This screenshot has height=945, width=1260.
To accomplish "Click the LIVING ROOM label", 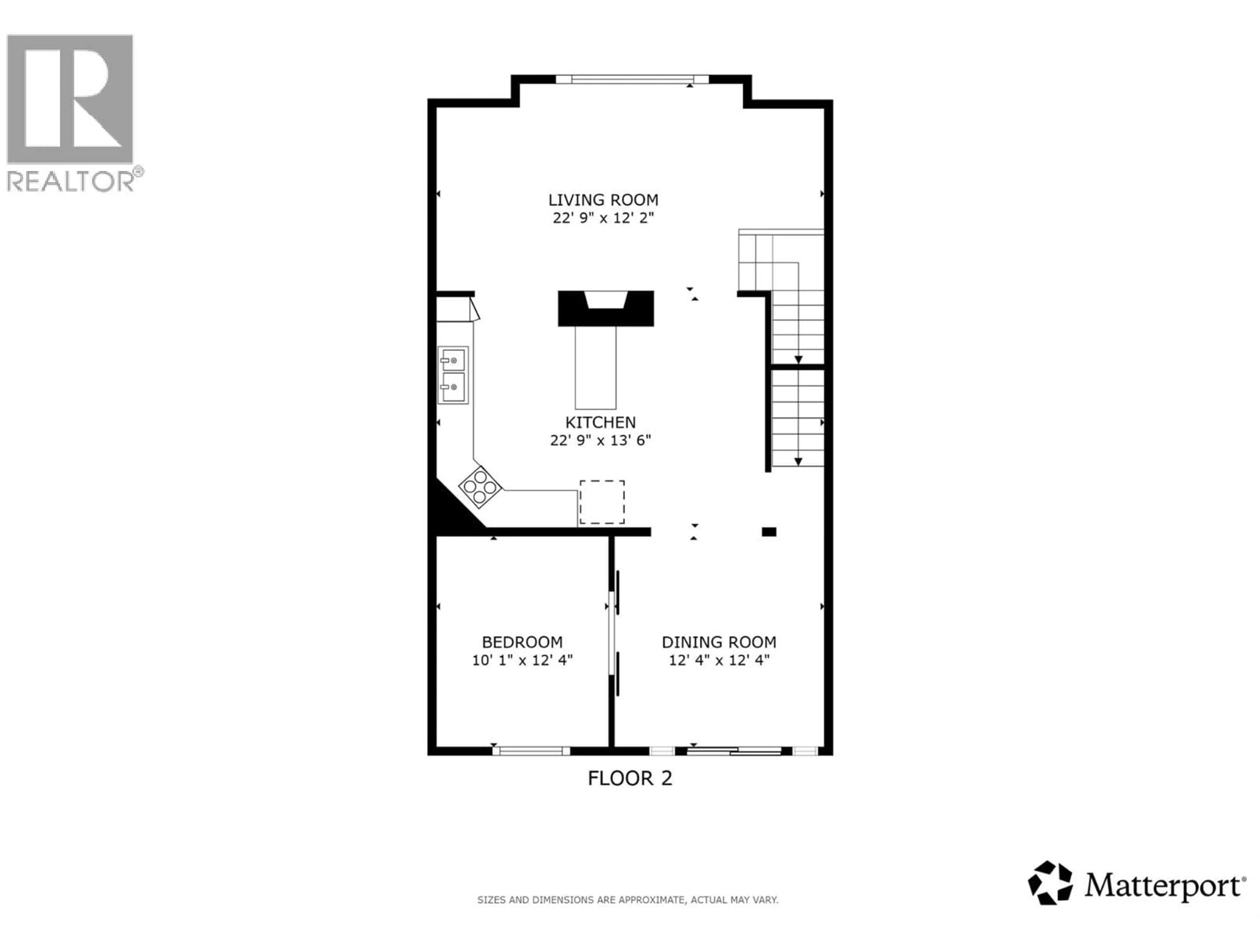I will coord(603,200).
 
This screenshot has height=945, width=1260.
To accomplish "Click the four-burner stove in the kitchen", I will coord(480,487).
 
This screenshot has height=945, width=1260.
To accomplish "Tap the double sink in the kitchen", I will coord(453,375).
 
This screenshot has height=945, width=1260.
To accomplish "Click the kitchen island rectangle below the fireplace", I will coord(595,367).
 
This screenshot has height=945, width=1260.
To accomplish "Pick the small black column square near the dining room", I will coord(769,532).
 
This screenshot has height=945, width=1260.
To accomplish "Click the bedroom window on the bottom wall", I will coord(531,751).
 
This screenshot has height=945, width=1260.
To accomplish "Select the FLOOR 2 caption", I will coord(630,778).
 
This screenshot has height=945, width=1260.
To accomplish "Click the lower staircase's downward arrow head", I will coord(798,461).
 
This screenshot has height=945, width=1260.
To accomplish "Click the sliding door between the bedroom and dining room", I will coord(614,632).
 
